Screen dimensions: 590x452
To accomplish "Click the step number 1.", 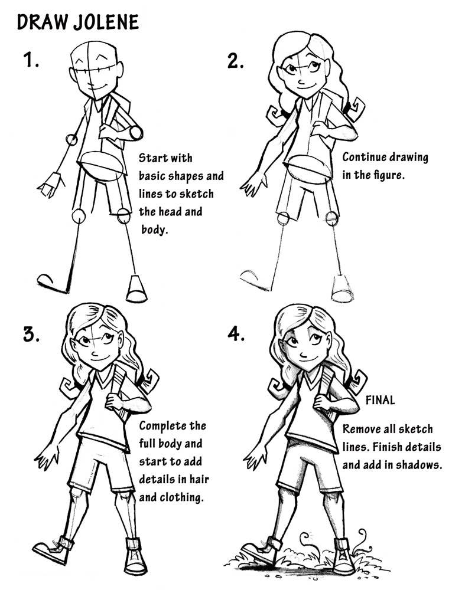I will [x=31, y=60].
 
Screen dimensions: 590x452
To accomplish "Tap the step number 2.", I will [x=236, y=60].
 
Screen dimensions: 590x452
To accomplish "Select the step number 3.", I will [x=31, y=334].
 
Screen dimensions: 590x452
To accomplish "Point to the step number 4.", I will [x=236, y=334].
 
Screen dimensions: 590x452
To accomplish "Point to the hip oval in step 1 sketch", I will [x=101, y=165].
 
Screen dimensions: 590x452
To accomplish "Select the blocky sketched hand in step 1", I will [x=50, y=185].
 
